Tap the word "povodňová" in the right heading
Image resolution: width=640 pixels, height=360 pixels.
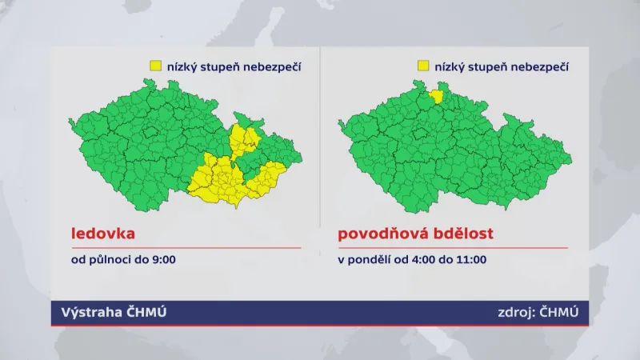click(x=378, y=234)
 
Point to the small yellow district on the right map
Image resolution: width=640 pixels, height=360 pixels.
click(x=438, y=97)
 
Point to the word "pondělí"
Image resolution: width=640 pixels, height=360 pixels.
click(x=366, y=260)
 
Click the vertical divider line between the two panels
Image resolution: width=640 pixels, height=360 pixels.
click(x=320, y=160)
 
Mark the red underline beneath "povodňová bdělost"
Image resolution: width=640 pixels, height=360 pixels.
click(x=452, y=248)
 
